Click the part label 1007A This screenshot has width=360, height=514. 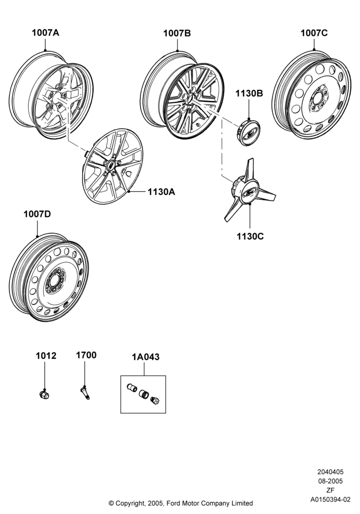(x=45, y=33)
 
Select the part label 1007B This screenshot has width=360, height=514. (x=177, y=33)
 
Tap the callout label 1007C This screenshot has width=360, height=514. (x=314, y=33)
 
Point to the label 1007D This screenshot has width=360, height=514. (x=37, y=214)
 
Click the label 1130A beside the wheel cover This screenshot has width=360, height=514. (x=161, y=192)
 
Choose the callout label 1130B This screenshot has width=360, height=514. (x=249, y=94)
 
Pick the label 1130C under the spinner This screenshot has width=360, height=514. (x=250, y=236)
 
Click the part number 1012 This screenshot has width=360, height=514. (x=46, y=356)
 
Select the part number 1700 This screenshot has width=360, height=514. (x=86, y=355)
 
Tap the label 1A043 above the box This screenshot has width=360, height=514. (x=146, y=357)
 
